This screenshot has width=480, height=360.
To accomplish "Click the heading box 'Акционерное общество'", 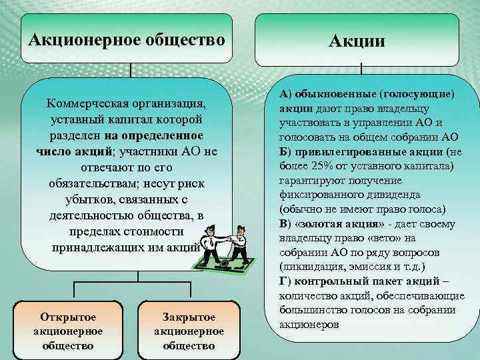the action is [x=127, y=39].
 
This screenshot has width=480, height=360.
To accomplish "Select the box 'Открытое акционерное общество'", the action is [x=67, y=330].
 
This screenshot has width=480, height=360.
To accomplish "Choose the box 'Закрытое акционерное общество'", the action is [x=189, y=330].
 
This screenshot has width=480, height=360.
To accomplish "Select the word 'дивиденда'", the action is [x=393, y=195].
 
